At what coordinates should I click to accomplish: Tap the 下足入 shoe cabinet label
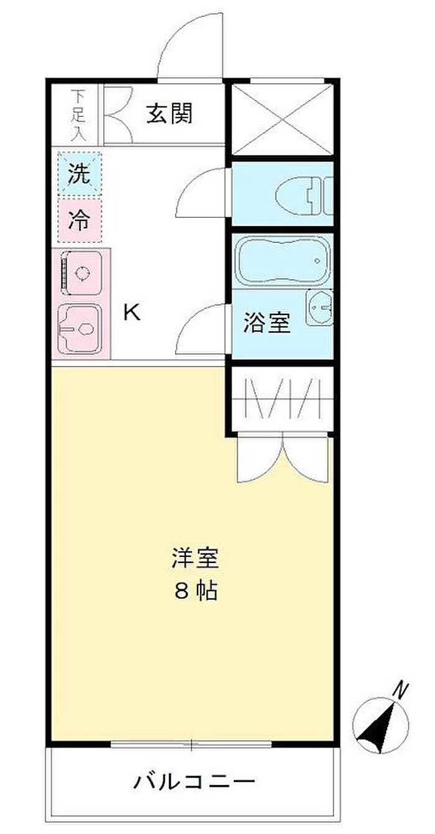(78, 116)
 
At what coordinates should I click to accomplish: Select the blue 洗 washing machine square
(80, 173)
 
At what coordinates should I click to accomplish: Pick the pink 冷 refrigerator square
(80, 220)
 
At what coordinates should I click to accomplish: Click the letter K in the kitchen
(132, 312)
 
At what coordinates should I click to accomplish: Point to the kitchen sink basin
(80, 328)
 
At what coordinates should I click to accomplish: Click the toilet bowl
(294, 196)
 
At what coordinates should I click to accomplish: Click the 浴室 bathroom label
(267, 323)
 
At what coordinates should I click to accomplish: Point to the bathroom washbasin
(319, 307)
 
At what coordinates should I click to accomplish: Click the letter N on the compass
(401, 690)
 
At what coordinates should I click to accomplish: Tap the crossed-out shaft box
(282, 119)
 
